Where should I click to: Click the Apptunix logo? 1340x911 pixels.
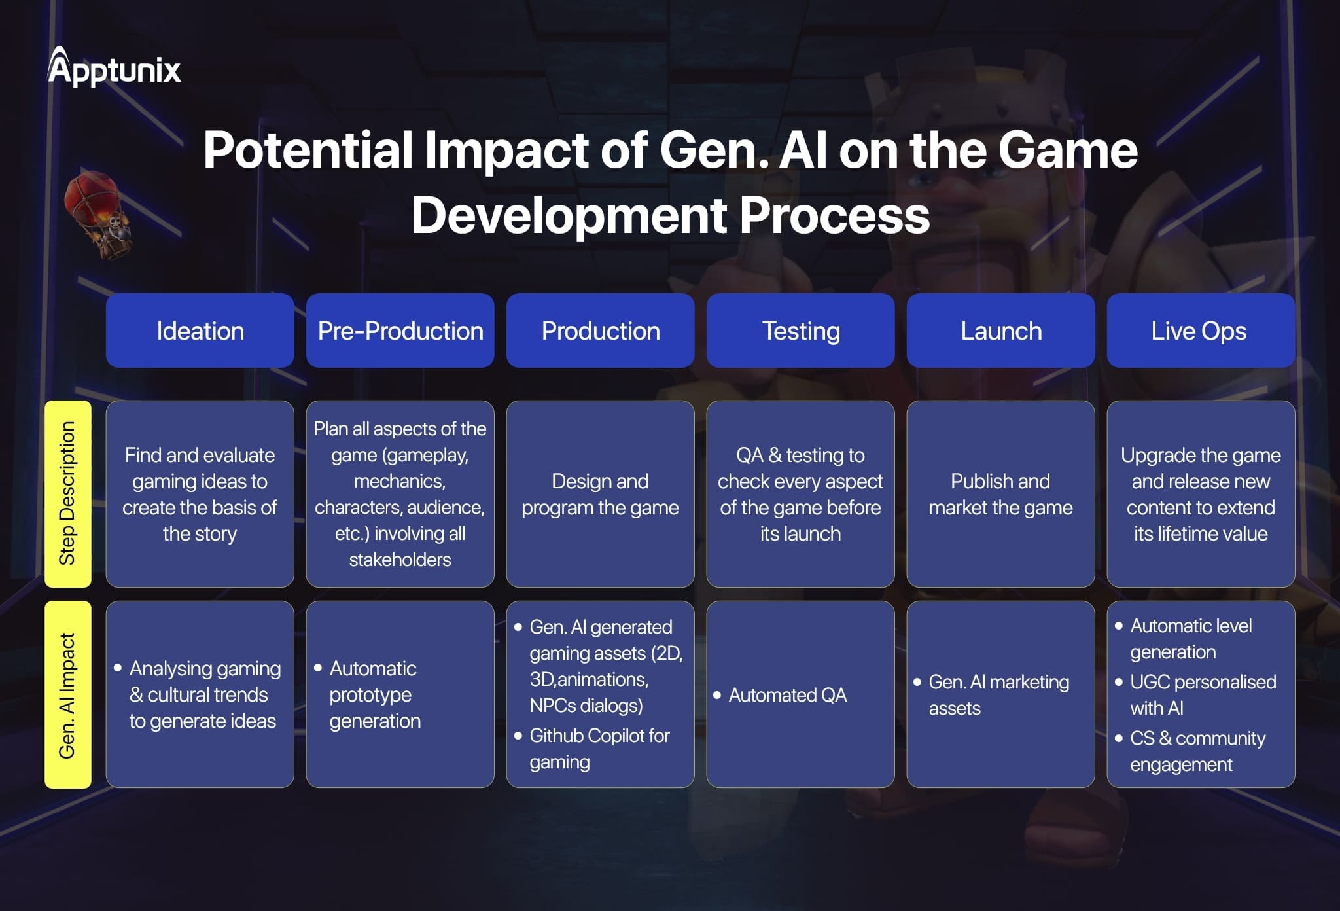point(114,67)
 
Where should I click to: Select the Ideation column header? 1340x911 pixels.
point(200,330)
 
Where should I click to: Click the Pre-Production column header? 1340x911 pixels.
point(400,330)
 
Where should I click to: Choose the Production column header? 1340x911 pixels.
point(601,330)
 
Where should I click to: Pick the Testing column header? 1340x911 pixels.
point(801,330)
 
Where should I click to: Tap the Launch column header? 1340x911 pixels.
point(1001,330)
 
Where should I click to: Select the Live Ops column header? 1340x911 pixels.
point(1201,330)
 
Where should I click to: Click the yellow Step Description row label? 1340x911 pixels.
point(68,494)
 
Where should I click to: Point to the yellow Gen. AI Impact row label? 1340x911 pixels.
point(68,694)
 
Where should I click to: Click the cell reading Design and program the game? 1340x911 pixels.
point(601,494)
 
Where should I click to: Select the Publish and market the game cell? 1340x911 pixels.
point(1001,494)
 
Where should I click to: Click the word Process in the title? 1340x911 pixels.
point(835,216)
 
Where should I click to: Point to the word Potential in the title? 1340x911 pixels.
point(308,151)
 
